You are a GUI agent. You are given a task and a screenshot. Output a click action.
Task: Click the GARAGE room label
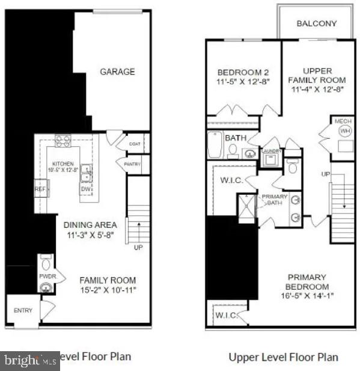pos(117,72)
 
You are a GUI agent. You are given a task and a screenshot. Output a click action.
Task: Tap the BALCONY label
pos(316,24)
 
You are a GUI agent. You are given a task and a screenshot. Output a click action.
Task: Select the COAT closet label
pos(134,144)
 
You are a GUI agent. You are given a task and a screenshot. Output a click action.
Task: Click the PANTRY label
pos(132,164)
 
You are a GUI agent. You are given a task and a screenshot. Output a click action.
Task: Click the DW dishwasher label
pos(86,189)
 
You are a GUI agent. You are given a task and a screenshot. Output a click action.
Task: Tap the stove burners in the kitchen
pos(63,141)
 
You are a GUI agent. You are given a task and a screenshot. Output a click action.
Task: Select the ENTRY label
pos(23,310)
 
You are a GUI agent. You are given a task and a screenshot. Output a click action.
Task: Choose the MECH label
pos(343,121)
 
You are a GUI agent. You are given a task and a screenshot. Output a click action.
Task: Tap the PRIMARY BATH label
pos(275,200)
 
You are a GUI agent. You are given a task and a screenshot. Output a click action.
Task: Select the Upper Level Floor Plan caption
pos(283,357)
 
